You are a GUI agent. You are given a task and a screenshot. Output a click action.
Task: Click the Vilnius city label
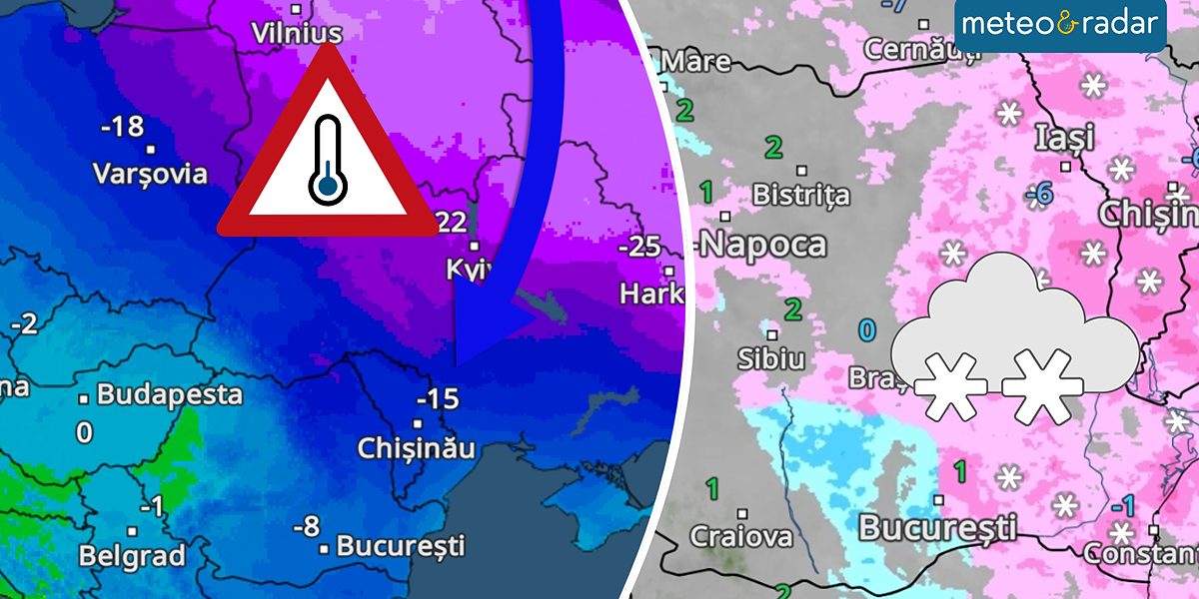click(x=297, y=33)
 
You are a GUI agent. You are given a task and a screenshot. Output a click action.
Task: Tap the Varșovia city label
click(x=150, y=174)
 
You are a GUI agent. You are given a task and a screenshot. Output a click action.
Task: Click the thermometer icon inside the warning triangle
click(x=328, y=160)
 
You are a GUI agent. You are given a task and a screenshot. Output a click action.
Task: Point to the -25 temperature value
click(x=639, y=246)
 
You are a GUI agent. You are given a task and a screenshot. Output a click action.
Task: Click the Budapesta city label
click(x=169, y=394)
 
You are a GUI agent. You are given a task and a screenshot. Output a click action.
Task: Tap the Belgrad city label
click(x=132, y=554)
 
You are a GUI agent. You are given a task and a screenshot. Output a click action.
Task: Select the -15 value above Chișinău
click(x=437, y=399)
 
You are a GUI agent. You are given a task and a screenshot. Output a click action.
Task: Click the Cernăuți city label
click(x=917, y=47)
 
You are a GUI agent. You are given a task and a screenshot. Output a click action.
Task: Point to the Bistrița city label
click(x=800, y=194)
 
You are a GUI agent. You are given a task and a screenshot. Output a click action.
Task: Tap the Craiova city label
click(x=741, y=536)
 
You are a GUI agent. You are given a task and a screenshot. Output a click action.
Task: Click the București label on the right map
click(x=937, y=526)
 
